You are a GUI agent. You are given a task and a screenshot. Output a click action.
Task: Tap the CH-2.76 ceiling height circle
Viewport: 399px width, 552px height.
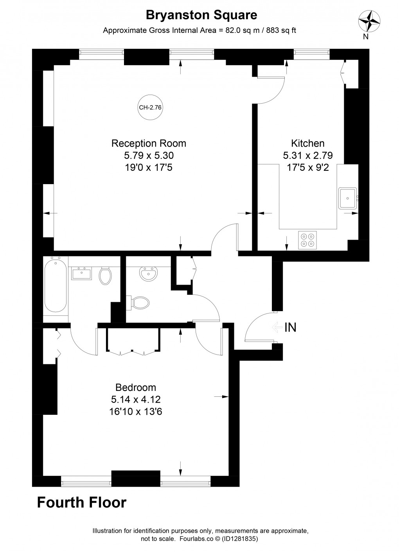point(150,108)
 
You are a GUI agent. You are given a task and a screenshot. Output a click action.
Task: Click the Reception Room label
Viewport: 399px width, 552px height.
point(149,143)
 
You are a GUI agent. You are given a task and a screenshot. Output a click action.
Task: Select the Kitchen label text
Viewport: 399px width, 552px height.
point(308,143)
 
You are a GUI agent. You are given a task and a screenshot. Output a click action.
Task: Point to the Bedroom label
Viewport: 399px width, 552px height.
point(136,387)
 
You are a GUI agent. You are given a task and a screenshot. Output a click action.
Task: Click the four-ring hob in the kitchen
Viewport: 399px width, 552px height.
point(308,240)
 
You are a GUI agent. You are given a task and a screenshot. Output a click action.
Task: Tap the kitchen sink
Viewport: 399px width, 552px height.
point(347,198)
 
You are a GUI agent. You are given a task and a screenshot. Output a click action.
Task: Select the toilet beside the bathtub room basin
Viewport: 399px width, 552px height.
point(105,276)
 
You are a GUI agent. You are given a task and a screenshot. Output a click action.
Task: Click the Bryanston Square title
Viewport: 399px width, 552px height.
point(201,15)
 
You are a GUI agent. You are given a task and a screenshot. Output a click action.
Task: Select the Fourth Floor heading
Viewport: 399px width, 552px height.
point(82,502)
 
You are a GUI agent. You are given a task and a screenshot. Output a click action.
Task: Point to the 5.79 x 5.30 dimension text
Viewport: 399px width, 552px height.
point(149,156)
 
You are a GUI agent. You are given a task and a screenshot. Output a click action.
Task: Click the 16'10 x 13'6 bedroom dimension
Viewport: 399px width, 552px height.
point(136,411)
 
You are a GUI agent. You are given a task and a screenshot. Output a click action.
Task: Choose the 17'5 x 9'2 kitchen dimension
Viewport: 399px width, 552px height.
point(308,167)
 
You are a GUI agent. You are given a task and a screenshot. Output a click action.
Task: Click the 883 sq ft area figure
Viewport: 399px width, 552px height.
point(281,30)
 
